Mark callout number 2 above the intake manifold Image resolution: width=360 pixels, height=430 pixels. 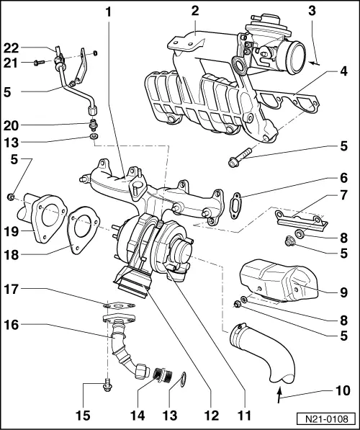click(x=194, y=11)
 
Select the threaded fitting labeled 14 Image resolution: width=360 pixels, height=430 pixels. click(x=158, y=375)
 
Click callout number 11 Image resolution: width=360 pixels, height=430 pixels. click(x=244, y=416)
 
